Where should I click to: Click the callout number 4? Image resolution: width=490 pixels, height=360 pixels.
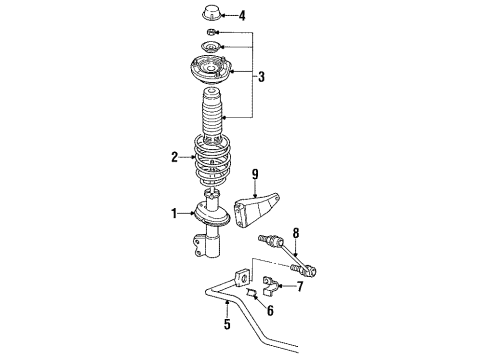pyautogui.click(x=240, y=15)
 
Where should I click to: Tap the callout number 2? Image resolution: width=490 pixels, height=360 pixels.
pyautogui.click(x=175, y=157)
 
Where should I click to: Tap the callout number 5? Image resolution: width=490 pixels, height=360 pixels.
pyautogui.click(x=226, y=324)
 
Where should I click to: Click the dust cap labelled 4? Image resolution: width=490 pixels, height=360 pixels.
pyautogui.click(x=213, y=15)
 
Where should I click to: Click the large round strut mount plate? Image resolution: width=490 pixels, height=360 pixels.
pyautogui.click(x=211, y=72)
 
